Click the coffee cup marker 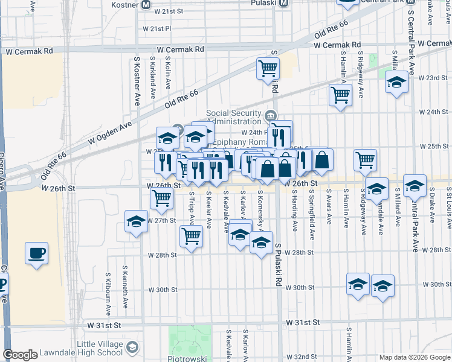coord(37,252)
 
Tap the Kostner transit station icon coord(146,5)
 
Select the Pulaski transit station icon coord(289,2)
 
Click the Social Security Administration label coord(234,116)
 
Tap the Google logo coord(20,355)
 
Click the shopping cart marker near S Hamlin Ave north coord(341,94)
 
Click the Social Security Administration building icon coord(271,115)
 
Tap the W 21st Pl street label coord(157,28)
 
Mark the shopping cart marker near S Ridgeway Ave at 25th coord(366,160)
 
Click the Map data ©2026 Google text coord(414,357)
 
